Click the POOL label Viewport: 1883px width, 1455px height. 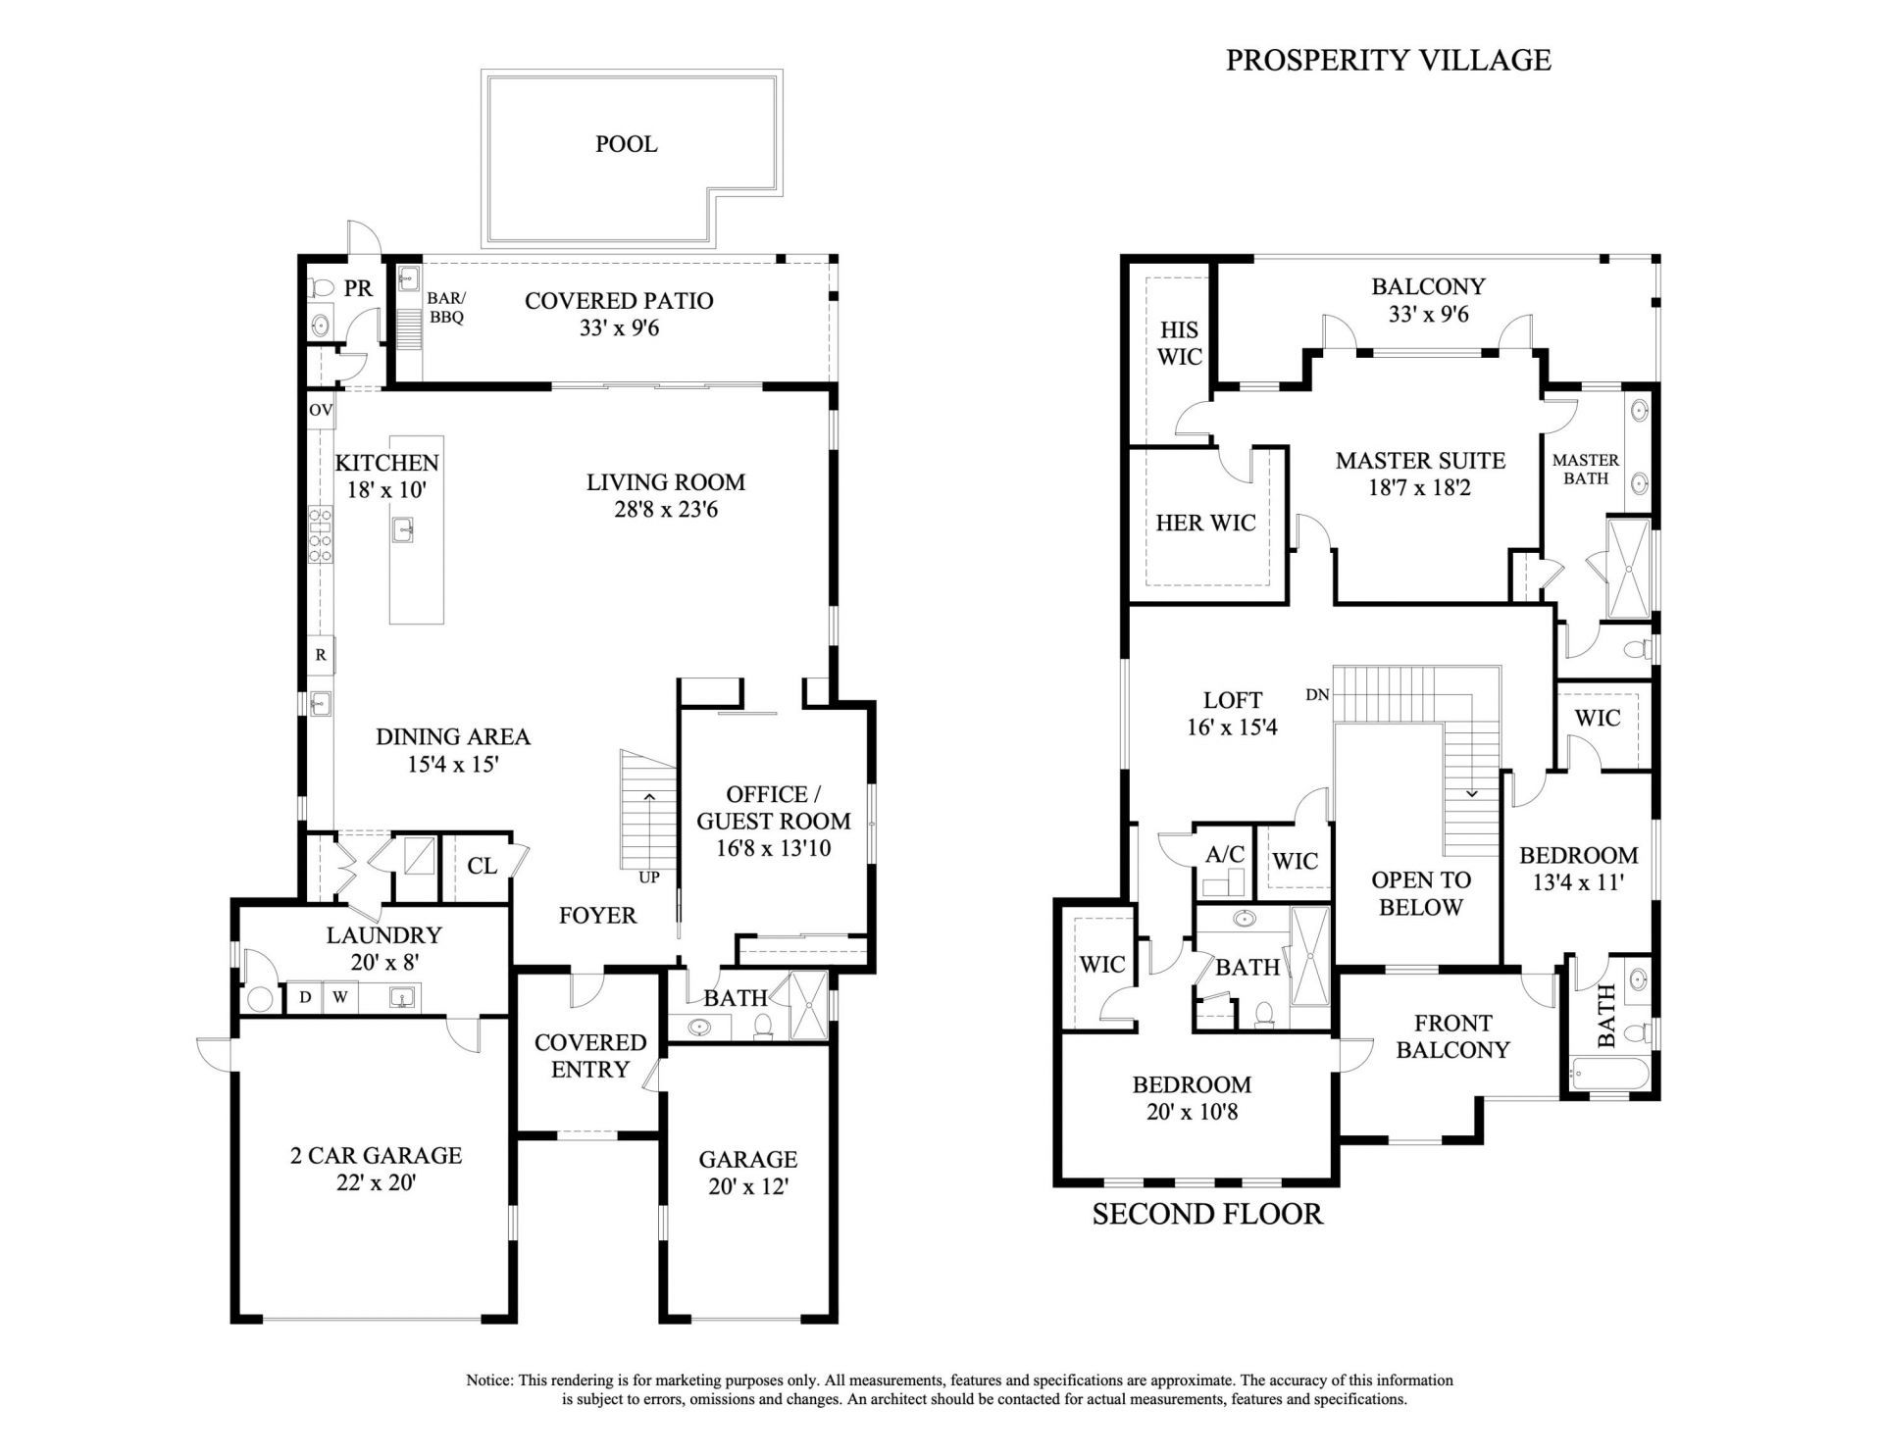point(626,144)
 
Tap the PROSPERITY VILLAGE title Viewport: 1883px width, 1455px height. point(1388,60)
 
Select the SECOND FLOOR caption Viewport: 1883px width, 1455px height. point(1207,1214)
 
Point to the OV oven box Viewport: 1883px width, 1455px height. point(321,410)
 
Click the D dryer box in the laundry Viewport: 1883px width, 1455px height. point(305,998)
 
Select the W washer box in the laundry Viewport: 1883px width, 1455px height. point(339,998)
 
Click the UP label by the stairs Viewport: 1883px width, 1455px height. point(649,878)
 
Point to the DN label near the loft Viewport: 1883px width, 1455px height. point(1317,695)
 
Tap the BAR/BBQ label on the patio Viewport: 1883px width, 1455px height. point(446,308)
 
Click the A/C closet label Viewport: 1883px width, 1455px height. point(1225,854)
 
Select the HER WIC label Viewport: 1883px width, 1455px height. point(1205,523)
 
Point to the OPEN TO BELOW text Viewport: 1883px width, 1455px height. point(1420,893)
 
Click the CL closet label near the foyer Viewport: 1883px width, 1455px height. point(482,866)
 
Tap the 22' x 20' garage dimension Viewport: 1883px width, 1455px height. point(376,1183)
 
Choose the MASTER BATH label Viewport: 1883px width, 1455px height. point(1586,469)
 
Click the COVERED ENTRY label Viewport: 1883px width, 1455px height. point(589,1056)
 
